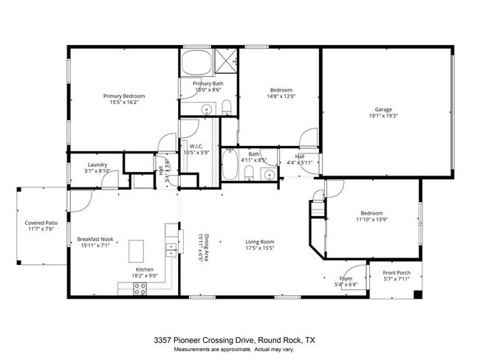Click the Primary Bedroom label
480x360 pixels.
(123, 97)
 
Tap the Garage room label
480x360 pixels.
(383, 109)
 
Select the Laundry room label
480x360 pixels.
(97, 165)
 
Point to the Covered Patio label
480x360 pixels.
(41, 221)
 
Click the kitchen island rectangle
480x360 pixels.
(138, 251)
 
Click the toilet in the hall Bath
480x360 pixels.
(250, 173)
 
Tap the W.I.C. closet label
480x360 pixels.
(196, 146)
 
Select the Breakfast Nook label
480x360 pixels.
(95, 239)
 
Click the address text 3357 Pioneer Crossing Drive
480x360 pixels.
(203, 340)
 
